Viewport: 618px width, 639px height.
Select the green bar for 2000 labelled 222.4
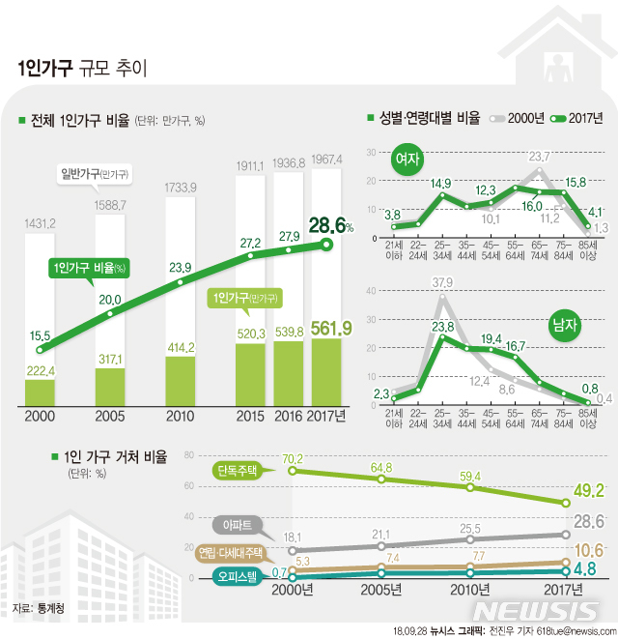pyautogui.click(x=40, y=392)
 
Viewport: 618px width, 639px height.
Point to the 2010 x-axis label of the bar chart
pyautogui.click(x=180, y=416)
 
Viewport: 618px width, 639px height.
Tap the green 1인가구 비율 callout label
pyautogui.click(x=93, y=268)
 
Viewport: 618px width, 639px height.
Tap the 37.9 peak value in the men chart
pyautogui.click(x=442, y=282)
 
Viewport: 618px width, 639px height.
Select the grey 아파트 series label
pyautogui.click(x=237, y=526)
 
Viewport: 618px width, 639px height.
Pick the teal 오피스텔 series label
pyautogui.click(x=237, y=579)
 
